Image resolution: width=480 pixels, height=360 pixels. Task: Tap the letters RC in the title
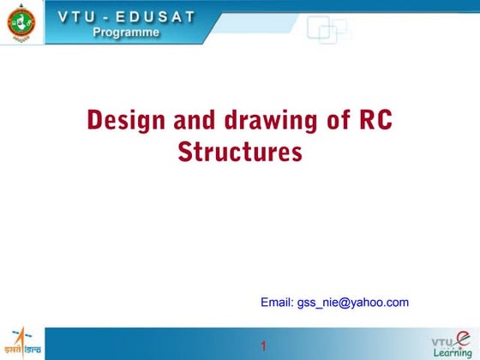[373, 121]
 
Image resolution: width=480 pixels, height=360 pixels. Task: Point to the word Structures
[240, 153]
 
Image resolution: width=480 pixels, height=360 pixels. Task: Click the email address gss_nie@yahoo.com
[352, 303]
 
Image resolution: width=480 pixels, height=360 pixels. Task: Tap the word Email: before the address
[277, 303]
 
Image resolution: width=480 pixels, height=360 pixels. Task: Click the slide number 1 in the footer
[264, 346]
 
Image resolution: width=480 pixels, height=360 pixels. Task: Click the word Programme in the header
[126, 33]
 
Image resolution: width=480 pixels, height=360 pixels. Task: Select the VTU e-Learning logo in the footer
[452, 343]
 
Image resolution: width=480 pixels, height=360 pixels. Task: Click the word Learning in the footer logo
[453, 352]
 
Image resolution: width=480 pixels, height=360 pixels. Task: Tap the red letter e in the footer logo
[463, 339]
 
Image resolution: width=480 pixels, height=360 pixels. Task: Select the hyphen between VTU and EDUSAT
[111, 15]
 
